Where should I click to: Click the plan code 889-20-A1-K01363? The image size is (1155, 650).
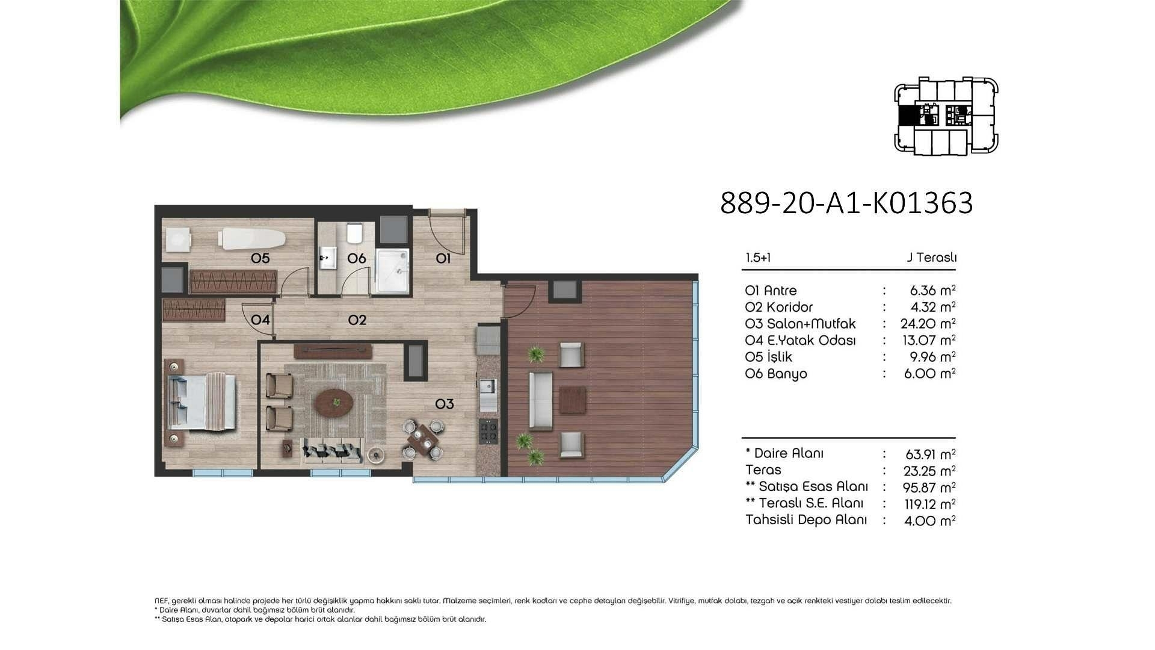click(x=846, y=203)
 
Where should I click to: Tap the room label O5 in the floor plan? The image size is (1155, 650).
click(x=260, y=258)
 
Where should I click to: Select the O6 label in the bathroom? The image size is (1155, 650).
click(x=357, y=258)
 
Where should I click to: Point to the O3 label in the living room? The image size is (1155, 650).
click(x=445, y=404)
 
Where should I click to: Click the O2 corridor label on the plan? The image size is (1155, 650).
click(x=357, y=320)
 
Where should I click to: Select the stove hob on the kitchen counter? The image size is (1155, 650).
click(x=488, y=431)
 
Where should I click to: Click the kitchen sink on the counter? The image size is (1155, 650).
click(x=487, y=386)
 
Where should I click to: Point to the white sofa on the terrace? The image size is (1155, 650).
click(x=541, y=401)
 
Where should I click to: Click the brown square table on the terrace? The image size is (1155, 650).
click(x=573, y=400)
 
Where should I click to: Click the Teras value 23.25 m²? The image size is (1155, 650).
click(x=929, y=470)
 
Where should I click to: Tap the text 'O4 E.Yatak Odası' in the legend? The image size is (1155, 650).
click(x=800, y=340)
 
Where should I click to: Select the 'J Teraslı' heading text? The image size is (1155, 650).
click(x=932, y=258)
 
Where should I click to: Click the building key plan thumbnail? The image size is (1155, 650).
click(x=946, y=116)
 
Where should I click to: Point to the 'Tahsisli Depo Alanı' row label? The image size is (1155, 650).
click(x=806, y=519)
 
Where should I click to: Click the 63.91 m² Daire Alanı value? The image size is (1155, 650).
click(x=930, y=454)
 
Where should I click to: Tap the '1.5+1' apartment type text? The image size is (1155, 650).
click(x=758, y=258)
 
